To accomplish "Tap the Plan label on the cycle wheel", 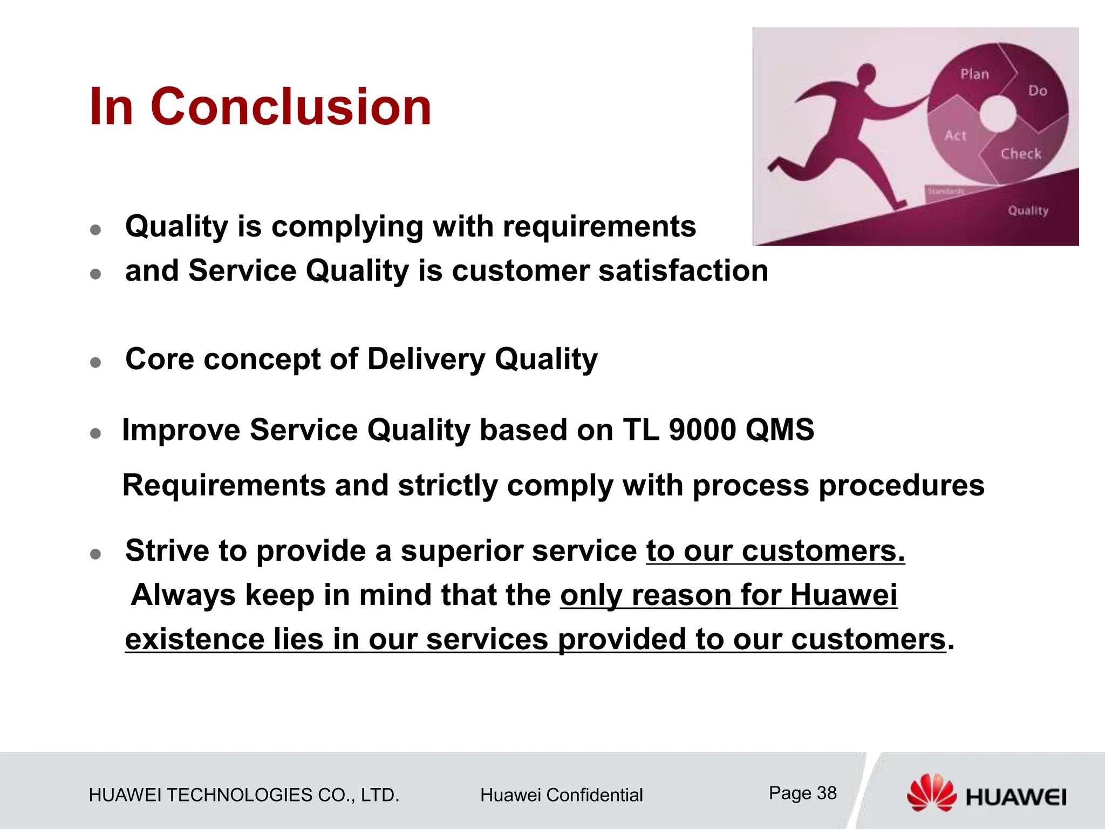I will click(974, 74).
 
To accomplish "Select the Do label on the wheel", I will click(1038, 91).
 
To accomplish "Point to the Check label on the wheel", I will click(1021, 154).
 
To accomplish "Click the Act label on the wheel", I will click(955, 135).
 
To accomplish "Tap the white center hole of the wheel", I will click(998, 114).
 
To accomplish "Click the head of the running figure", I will click(867, 73).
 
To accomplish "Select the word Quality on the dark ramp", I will click(1028, 210).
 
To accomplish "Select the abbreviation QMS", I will click(780, 430).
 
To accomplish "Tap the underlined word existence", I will click(195, 640).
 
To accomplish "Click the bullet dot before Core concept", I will click(96, 362).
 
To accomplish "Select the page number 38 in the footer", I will click(827, 793).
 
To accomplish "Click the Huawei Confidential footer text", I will click(561, 795).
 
